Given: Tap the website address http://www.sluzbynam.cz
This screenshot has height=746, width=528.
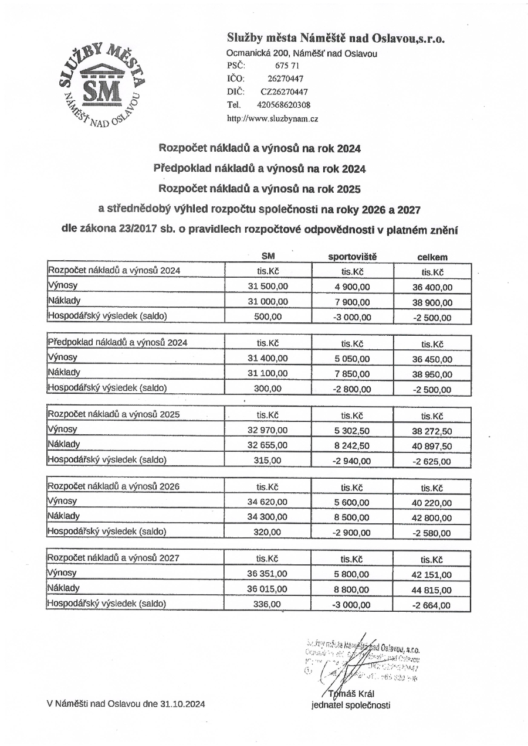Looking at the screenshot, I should (x=272, y=118).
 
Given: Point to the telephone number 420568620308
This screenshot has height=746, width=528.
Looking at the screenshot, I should (x=283, y=105).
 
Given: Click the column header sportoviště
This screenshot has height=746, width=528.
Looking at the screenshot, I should (x=351, y=257).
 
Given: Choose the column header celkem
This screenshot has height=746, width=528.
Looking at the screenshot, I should (x=432, y=257).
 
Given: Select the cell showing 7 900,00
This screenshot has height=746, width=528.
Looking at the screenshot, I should (x=353, y=302).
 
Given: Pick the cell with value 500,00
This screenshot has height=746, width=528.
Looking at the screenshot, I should (x=269, y=317).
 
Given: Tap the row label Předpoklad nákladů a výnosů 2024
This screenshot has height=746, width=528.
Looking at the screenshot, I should (x=117, y=343).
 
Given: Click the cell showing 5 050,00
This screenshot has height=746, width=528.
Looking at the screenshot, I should (x=353, y=359).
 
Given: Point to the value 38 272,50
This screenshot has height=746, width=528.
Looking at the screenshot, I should (x=432, y=431).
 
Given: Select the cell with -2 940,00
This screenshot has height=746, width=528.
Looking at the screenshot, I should (x=353, y=461).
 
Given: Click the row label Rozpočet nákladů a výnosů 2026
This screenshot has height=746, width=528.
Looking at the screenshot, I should (x=114, y=486).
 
